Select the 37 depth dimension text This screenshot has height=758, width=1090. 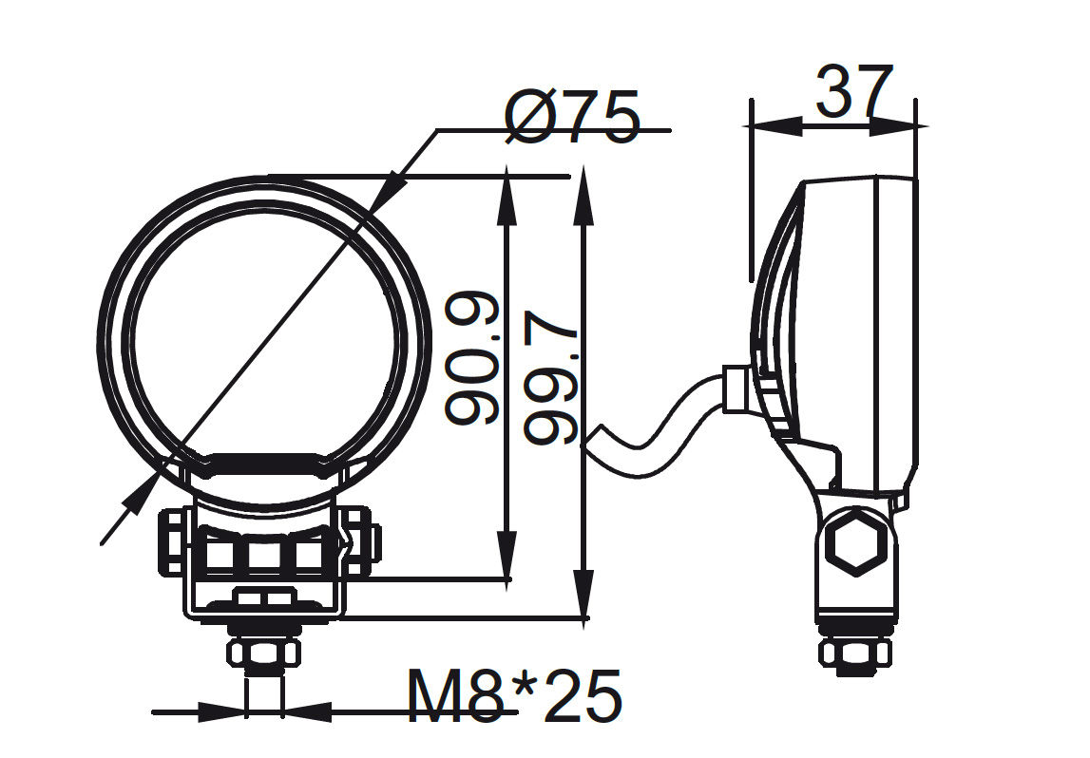coord(854,92)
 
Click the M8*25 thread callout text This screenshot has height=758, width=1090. coord(514,696)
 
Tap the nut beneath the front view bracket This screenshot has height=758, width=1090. coord(263,653)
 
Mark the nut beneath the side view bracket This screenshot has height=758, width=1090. coord(856,654)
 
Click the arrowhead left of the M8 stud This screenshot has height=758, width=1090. coord(222,711)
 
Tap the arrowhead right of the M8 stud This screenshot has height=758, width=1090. coord(306,711)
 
